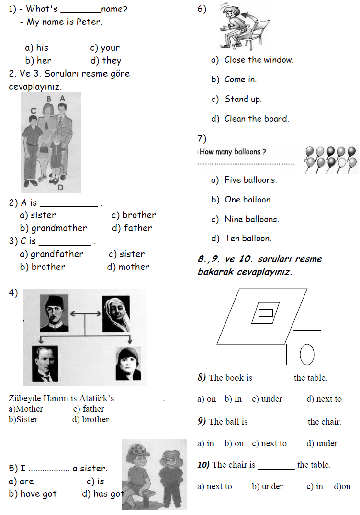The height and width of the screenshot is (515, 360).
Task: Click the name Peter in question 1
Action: click(x=89, y=22)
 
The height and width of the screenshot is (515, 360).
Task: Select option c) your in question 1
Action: click(x=105, y=48)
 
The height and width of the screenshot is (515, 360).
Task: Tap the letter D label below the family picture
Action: click(x=60, y=188)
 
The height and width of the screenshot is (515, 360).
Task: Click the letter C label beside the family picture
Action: click(x=33, y=111)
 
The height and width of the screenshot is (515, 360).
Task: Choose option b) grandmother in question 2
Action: click(x=54, y=228)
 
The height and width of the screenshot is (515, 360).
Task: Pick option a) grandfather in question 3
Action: click(x=51, y=254)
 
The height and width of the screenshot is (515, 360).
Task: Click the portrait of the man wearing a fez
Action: click(x=54, y=313)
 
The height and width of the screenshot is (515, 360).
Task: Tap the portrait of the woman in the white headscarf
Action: click(x=116, y=313)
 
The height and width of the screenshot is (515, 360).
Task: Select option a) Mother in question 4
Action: click(x=26, y=409)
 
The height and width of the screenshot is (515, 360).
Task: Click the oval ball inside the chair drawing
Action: click(x=307, y=355)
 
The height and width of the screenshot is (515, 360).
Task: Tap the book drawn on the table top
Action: click(x=266, y=313)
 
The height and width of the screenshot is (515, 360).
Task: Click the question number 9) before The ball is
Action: click(x=202, y=422)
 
